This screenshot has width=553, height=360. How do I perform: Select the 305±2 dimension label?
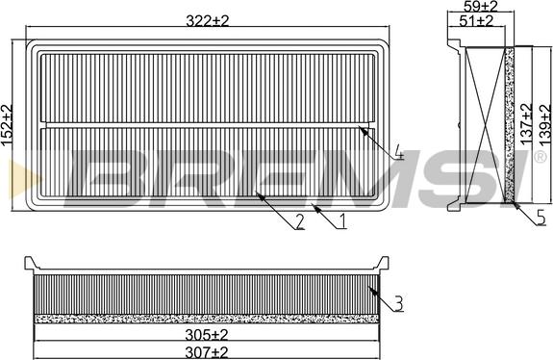(x=205, y=334)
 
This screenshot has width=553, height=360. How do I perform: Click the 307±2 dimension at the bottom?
(x=205, y=351)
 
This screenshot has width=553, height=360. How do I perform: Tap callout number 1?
(x=340, y=222)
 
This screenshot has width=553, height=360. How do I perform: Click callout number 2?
(x=300, y=222)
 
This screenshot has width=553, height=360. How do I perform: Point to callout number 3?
(x=397, y=304)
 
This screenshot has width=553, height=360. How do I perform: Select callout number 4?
(x=397, y=154)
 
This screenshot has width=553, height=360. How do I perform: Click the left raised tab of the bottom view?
(x=30, y=263)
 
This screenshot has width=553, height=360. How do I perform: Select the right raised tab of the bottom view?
(x=384, y=263)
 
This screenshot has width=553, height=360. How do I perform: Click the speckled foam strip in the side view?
(x=511, y=125)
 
